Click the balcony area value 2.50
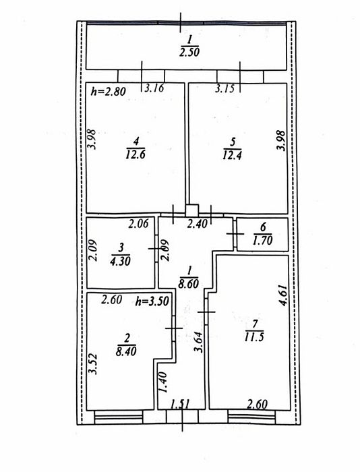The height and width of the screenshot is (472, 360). click(189, 53)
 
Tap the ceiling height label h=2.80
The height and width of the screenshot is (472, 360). click(109, 91)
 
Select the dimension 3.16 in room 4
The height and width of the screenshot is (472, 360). click(154, 88)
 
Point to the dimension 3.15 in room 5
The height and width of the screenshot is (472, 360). click(224, 88)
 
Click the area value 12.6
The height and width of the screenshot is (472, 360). click(136, 154)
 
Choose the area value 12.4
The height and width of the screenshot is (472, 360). click(233, 155)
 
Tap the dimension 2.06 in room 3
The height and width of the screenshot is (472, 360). click(138, 224)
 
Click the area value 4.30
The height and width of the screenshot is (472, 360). click(121, 261)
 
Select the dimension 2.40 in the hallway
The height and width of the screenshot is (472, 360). click(197, 224)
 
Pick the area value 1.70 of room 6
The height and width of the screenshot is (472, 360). click(263, 240)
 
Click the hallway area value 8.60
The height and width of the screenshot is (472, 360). click(189, 284)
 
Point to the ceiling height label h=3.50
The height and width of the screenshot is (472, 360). click(152, 301)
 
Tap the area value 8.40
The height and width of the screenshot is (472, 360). click(127, 351)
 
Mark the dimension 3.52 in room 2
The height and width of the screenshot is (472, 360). click(93, 363)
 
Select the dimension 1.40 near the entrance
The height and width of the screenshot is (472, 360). click(163, 382)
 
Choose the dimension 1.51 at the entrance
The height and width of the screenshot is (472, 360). click(181, 404)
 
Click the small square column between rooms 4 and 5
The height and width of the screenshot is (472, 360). click(191, 210)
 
